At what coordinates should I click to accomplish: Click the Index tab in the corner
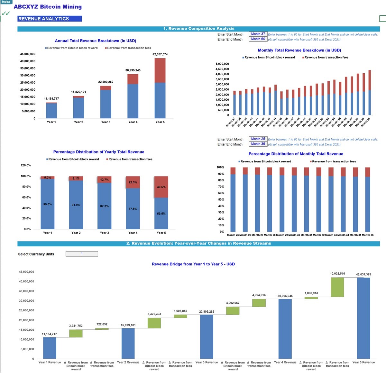click(6, 2)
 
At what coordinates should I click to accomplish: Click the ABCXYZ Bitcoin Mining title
click(48, 7)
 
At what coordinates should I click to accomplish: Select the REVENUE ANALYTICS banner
click(50, 19)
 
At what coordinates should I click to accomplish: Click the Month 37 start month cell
click(258, 34)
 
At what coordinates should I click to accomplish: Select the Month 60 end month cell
click(258, 39)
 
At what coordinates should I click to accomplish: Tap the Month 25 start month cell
click(258, 139)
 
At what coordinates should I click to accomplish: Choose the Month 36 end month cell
click(258, 144)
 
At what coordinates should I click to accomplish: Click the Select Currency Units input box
click(82, 254)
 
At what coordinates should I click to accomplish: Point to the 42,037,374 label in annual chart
click(160, 54)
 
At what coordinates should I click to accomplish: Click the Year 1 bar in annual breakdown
click(51, 110)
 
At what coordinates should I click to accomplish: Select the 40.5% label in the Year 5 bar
click(161, 187)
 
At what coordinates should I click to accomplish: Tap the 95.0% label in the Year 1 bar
click(48, 204)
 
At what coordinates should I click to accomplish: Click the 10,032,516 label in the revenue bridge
click(337, 274)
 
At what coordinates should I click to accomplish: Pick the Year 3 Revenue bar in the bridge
click(207, 336)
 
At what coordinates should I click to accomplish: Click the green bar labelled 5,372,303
click(154, 323)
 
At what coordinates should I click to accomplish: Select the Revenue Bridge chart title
click(193, 264)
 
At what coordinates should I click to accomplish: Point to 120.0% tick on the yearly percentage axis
click(26, 165)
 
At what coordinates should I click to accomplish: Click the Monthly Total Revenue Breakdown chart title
click(299, 50)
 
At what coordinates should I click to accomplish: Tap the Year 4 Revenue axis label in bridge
click(285, 363)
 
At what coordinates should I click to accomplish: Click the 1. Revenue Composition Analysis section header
click(198, 29)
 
